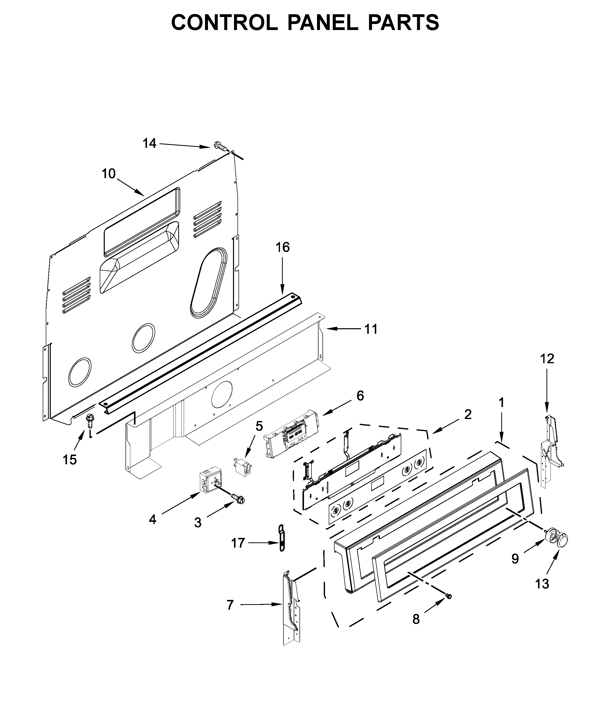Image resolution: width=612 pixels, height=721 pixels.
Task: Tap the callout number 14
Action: tap(149, 143)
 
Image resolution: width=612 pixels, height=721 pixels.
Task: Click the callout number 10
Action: tap(108, 174)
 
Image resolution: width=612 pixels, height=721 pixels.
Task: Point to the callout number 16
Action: tap(282, 247)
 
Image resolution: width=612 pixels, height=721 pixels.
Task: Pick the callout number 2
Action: tap(468, 414)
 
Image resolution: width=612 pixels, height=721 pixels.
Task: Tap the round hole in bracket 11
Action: tap(222, 395)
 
